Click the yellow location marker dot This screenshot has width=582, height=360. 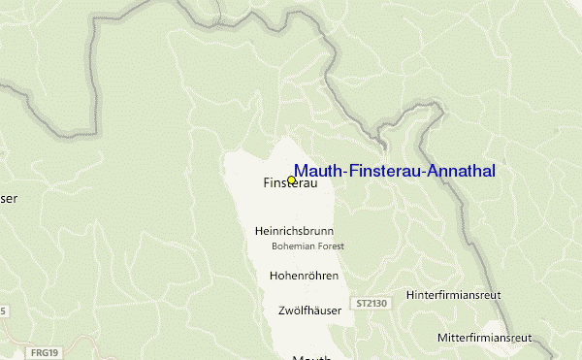(292, 180)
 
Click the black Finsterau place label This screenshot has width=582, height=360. (290, 183)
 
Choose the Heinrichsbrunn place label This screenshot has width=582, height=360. (293, 232)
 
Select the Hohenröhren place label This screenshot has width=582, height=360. (303, 277)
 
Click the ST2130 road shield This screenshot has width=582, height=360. (372, 303)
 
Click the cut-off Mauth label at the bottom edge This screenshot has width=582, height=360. (311, 356)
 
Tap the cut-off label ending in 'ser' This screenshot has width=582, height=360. (9, 199)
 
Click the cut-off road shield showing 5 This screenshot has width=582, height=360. (3, 311)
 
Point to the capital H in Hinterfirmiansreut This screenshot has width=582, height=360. (411, 294)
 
